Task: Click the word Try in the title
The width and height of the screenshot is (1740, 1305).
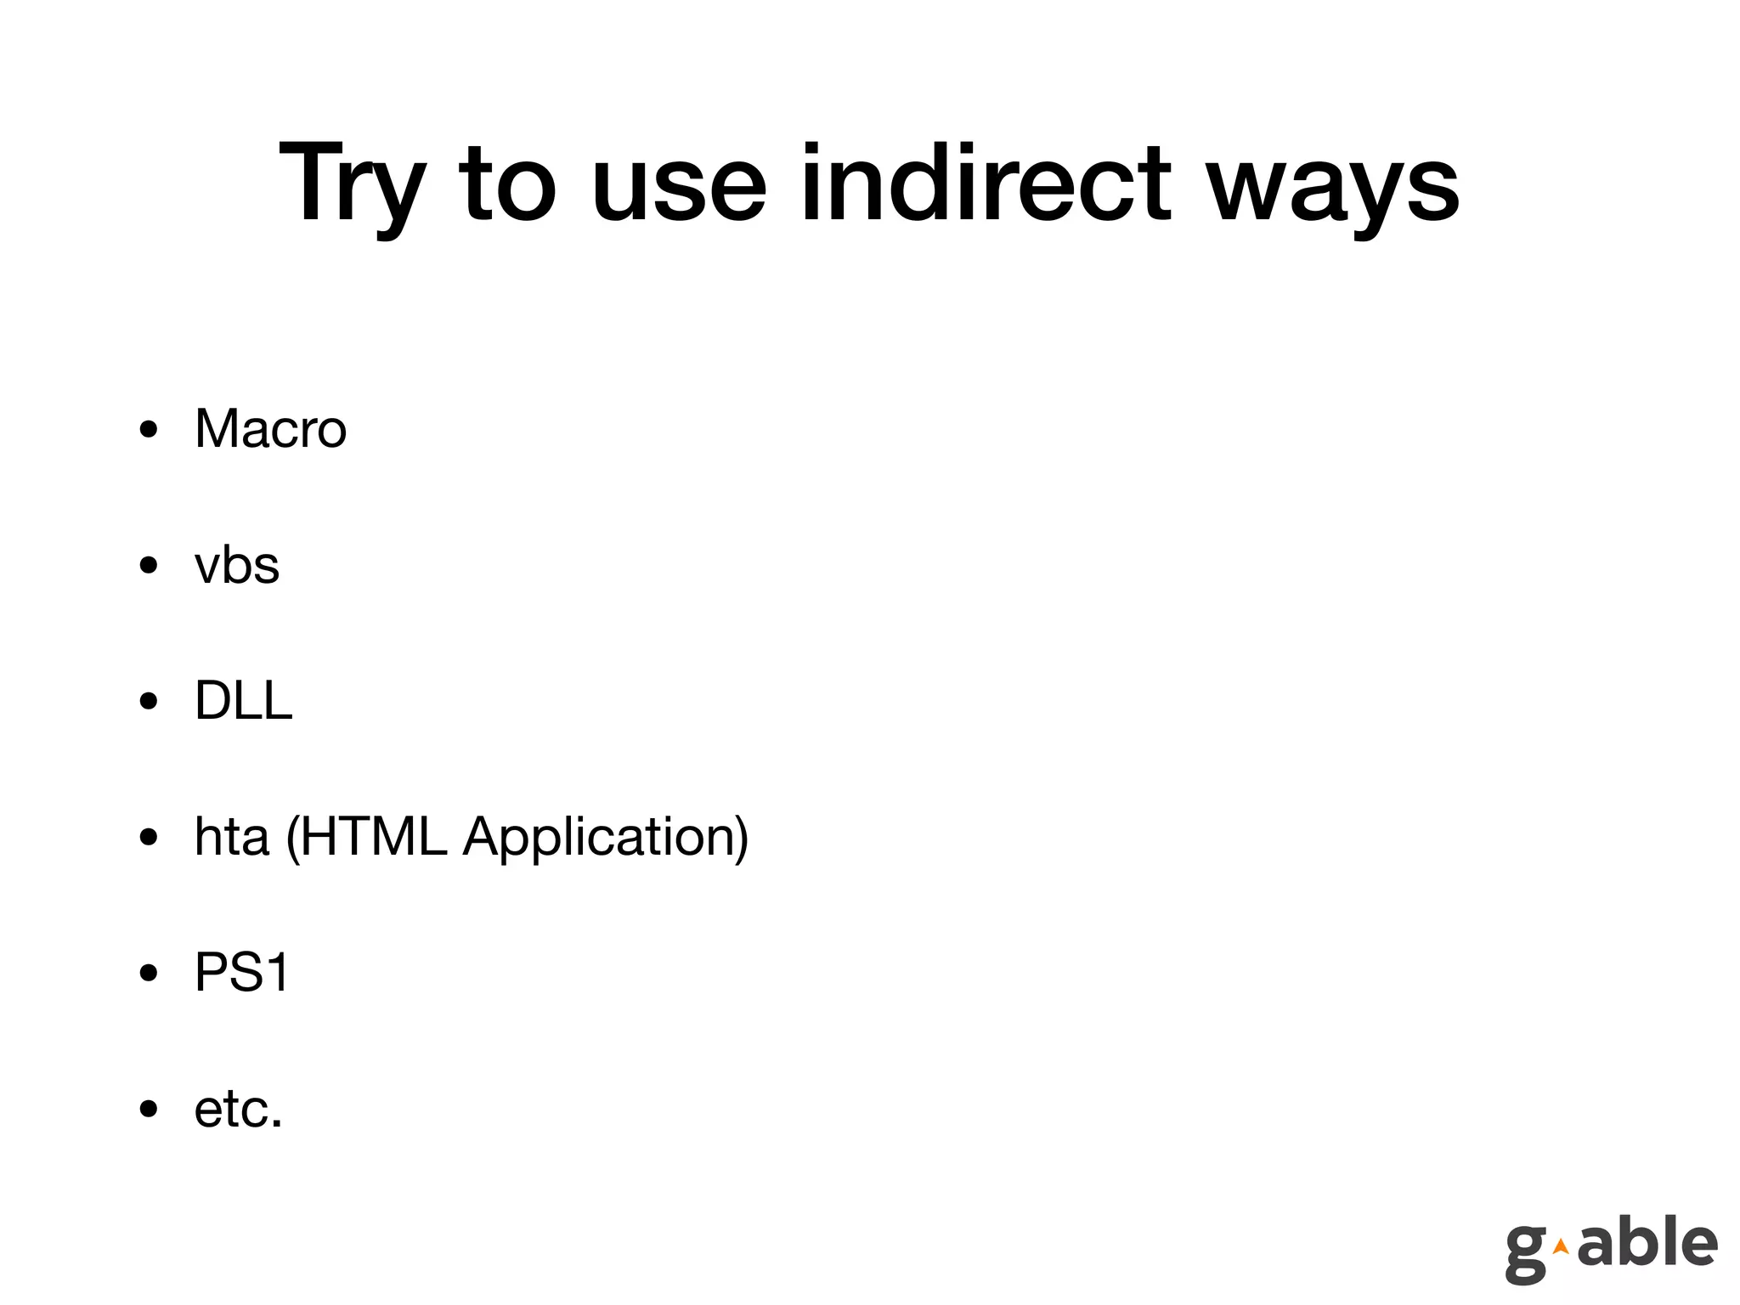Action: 351,184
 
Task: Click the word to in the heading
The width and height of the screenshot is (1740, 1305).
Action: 507,184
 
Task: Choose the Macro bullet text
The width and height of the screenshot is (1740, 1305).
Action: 270,428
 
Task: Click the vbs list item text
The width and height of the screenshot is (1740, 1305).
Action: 236,565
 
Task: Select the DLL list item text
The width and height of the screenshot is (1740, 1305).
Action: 243,701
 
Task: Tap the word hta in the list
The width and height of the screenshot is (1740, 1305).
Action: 232,836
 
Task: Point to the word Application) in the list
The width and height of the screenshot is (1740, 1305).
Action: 606,838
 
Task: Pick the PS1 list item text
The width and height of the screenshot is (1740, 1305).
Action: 242,972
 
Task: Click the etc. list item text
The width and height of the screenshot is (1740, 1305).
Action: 238,1109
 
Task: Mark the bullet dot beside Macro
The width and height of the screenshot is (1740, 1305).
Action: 149,430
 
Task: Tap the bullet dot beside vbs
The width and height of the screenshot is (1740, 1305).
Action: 149,566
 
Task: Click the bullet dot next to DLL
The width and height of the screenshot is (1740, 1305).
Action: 149,702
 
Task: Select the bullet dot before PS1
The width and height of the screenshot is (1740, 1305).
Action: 149,974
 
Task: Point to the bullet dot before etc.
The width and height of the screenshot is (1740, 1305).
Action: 149,1110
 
